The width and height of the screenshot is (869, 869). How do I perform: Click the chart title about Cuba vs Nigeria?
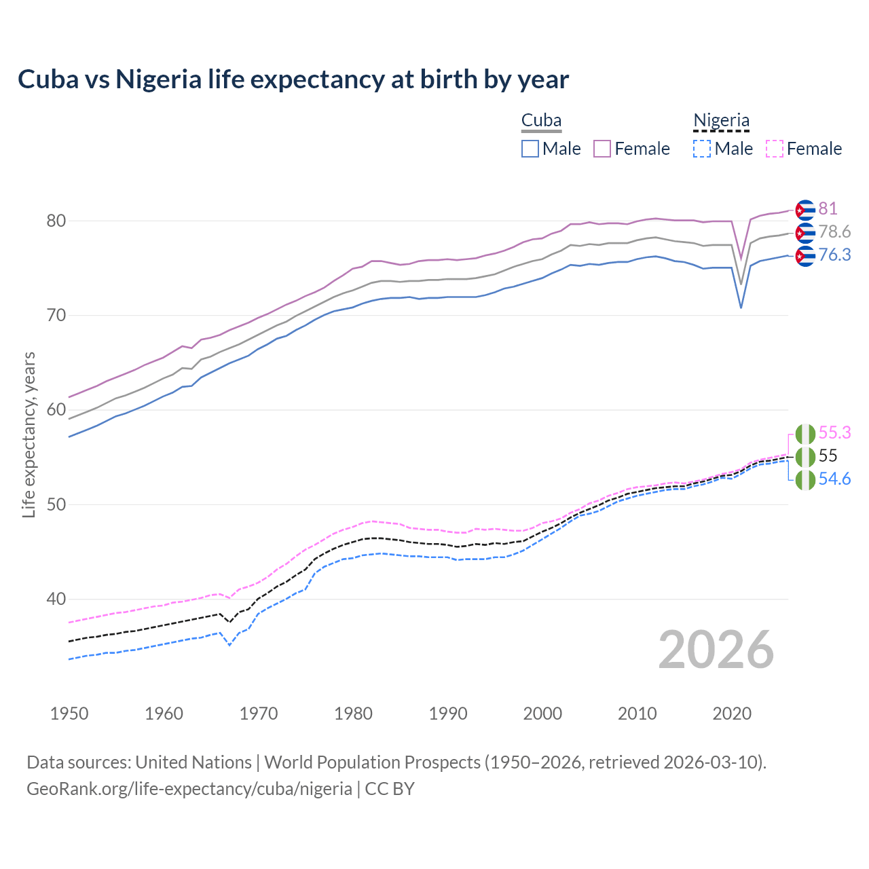coord(293,79)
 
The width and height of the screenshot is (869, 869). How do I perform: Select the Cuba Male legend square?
coord(530,149)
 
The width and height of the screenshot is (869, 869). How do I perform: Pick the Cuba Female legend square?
coord(602,149)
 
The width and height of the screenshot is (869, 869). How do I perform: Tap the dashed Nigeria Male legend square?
coord(702,149)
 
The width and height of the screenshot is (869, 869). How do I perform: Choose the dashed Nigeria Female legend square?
coord(775,149)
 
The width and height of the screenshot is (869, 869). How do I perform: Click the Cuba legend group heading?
coord(541,120)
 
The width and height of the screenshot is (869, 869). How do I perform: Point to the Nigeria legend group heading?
coord(721,120)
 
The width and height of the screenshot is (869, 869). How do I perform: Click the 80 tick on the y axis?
coord(56,221)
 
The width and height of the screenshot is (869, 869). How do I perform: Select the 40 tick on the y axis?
coord(56,599)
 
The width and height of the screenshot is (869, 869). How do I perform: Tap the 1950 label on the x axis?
coord(69,714)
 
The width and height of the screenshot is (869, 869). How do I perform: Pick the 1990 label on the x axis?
coord(448,714)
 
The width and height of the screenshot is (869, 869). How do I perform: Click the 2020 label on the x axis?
coord(732,714)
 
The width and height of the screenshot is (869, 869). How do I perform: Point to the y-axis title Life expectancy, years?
coord(29,434)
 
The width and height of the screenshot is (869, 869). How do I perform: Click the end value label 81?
coord(828,208)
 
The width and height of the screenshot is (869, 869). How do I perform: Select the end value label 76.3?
coord(834,255)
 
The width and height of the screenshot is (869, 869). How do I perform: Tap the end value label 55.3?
coord(834,432)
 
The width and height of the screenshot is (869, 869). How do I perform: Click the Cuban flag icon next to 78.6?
coord(805,233)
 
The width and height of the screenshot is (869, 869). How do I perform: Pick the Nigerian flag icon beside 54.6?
coord(805,480)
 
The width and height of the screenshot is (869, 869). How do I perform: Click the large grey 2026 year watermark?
coord(716,650)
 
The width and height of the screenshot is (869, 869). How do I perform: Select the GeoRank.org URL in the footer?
coord(189,789)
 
